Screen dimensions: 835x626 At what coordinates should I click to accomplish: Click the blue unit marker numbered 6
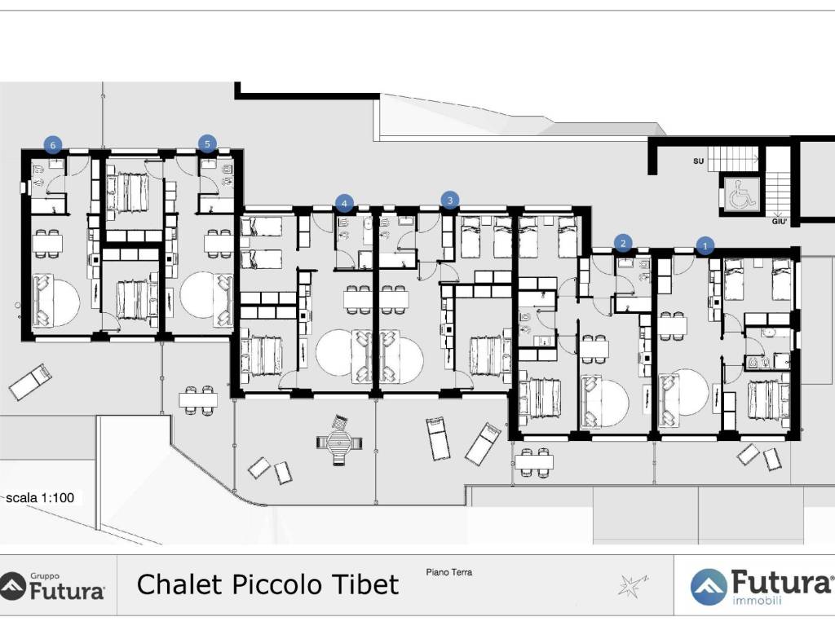coord(52,145)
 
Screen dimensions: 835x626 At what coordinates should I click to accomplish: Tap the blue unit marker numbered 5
coord(207,143)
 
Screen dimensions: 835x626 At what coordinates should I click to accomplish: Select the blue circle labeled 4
coord(345,203)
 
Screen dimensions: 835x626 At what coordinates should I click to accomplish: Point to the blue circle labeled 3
coord(450,201)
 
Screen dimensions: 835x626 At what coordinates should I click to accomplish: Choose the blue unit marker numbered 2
coord(623,243)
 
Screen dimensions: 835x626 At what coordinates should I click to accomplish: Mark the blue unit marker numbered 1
coord(705,246)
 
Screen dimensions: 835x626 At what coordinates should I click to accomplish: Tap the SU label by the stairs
coord(698,161)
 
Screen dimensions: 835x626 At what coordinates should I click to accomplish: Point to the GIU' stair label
coord(779,221)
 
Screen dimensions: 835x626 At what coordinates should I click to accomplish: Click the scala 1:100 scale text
coord(40,498)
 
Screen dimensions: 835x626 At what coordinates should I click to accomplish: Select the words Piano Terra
coord(449,572)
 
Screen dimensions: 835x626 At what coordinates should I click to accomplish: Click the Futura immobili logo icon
coord(709,587)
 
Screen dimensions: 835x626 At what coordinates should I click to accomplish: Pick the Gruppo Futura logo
coord(52,586)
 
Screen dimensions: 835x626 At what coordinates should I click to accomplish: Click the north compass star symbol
coord(632,585)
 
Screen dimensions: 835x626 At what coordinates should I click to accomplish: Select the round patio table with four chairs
coord(339,442)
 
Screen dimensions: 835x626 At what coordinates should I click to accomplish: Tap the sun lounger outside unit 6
coord(31,381)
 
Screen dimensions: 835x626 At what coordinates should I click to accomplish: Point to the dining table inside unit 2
coord(594,349)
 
